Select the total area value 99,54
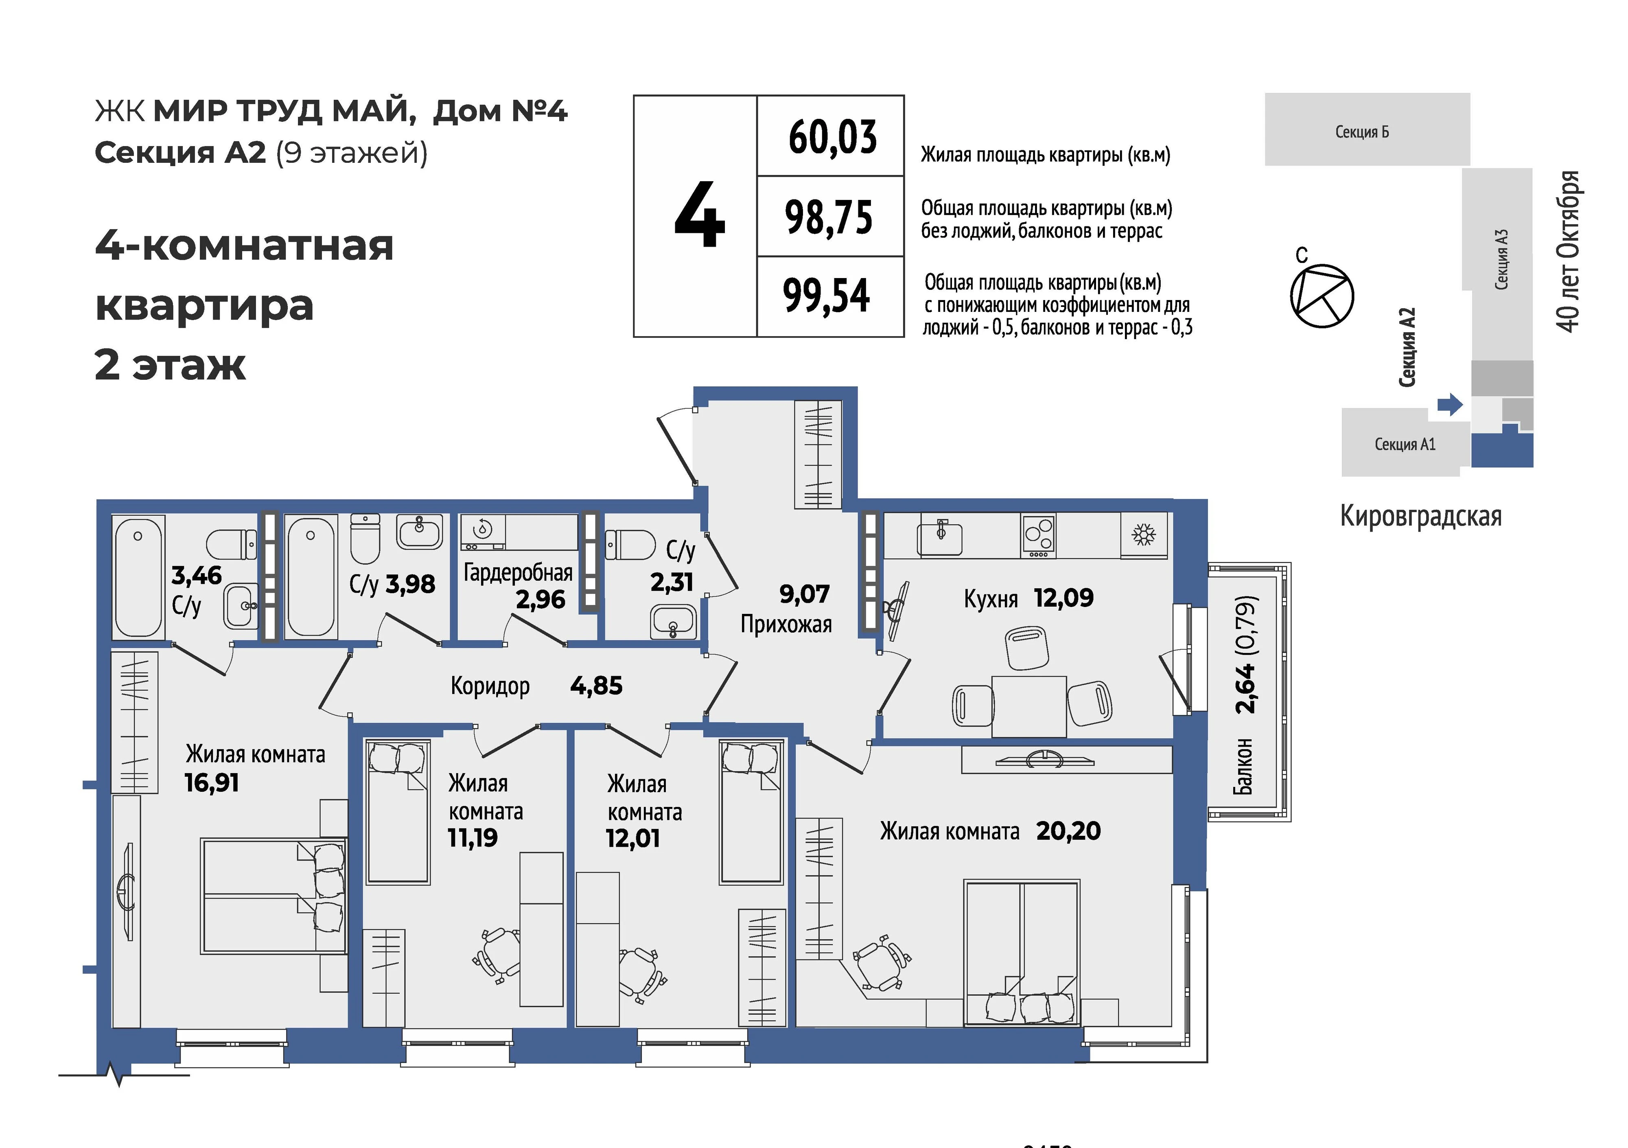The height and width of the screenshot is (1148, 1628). pyautogui.click(x=827, y=296)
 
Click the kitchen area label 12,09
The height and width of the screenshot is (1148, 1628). pyautogui.click(x=1063, y=598)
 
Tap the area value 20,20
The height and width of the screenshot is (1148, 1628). pyautogui.click(x=1068, y=830)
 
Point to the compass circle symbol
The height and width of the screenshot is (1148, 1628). pyautogui.click(x=1322, y=296)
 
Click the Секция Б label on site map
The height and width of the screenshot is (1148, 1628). pyautogui.click(x=1362, y=132)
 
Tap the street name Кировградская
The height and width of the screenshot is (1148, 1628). pyautogui.click(x=1421, y=516)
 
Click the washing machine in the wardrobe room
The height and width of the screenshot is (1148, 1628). pyautogui.click(x=483, y=532)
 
